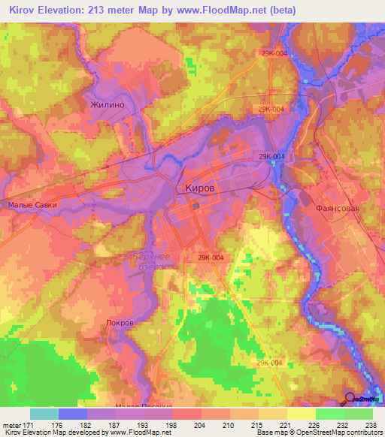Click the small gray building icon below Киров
(196, 204)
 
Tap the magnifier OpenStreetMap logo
(350, 399)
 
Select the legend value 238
(371, 424)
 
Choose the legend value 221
(286, 424)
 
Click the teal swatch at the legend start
(44, 414)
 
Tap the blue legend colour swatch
(73, 414)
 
